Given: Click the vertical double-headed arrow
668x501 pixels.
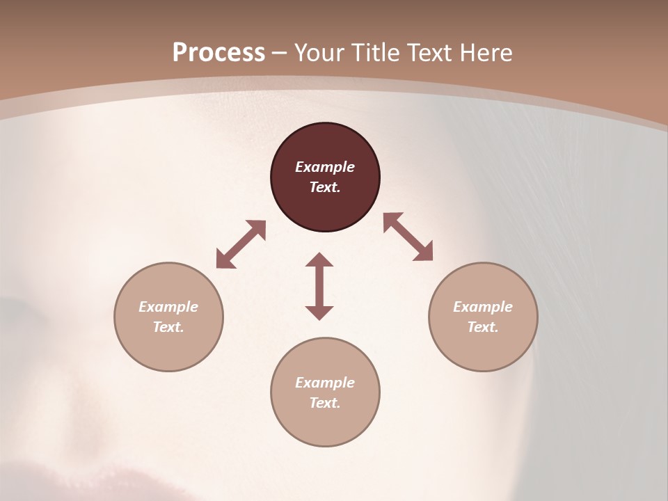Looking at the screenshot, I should (319, 286).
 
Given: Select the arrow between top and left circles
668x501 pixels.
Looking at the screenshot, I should (241, 244).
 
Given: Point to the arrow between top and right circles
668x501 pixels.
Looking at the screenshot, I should (408, 237).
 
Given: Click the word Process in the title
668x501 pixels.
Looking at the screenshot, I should (218, 53).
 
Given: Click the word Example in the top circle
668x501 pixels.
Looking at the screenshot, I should (325, 167).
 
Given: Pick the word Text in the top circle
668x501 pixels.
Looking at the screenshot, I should (325, 187).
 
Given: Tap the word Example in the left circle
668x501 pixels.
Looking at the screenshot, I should (168, 307).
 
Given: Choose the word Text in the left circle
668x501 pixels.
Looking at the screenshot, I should (168, 327).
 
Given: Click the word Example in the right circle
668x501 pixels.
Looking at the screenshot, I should (483, 307).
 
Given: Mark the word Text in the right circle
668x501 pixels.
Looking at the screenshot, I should (483, 327).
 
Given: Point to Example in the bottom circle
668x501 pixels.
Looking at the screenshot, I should (325, 383).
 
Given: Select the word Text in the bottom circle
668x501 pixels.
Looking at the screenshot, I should (325, 403).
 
